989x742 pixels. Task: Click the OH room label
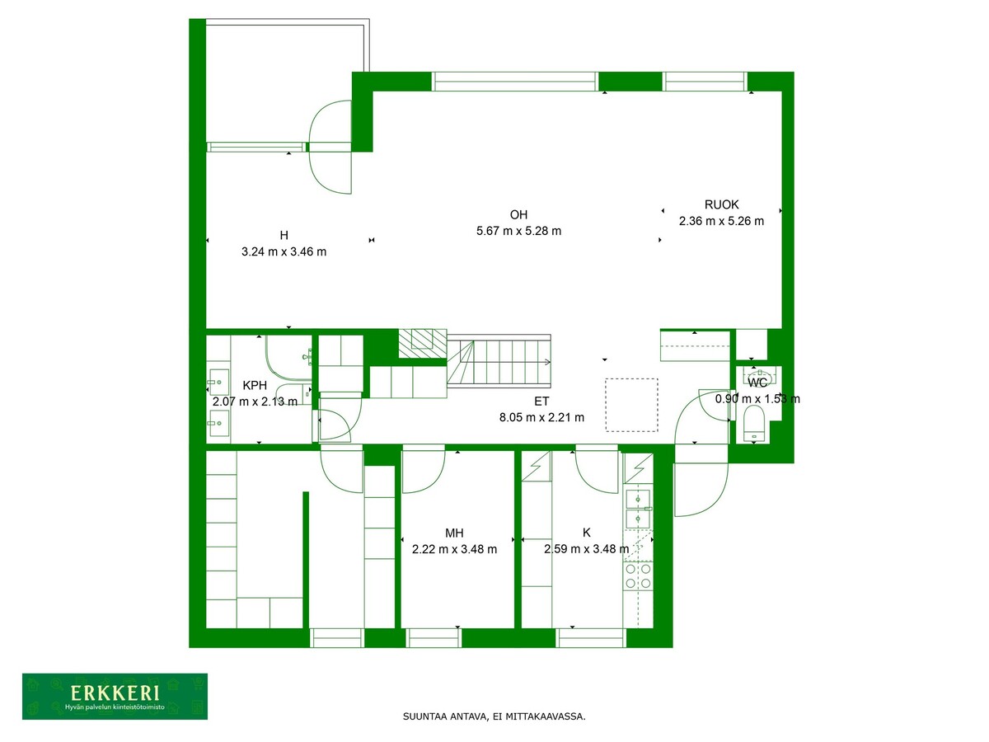tap(518, 214)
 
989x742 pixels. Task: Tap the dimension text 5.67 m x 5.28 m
tap(518, 231)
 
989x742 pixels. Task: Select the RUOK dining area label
tap(721, 204)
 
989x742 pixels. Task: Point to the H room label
tap(284, 235)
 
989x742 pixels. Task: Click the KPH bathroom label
tap(255, 385)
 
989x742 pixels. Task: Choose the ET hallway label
tap(541, 401)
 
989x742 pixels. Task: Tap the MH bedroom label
tap(454, 533)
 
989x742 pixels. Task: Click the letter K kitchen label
tap(587, 533)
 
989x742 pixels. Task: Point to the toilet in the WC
tap(754, 424)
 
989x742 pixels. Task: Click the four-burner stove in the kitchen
tap(638, 576)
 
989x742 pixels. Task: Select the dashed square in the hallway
tap(631, 405)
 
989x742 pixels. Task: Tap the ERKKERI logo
tap(115, 696)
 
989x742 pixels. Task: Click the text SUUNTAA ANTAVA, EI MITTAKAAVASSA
tap(494, 716)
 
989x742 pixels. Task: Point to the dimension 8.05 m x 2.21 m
tap(541, 418)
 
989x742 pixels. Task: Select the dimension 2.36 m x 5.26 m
tap(721, 221)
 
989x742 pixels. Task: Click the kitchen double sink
tap(638, 509)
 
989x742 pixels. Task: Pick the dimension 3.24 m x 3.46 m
tap(284, 251)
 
